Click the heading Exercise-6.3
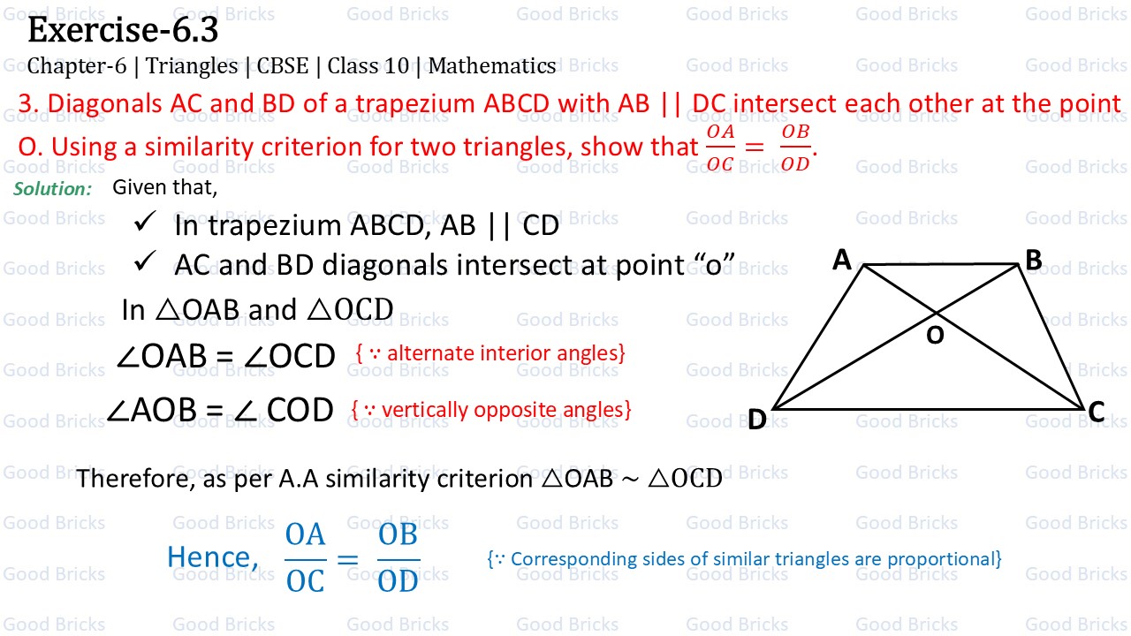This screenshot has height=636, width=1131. click(x=123, y=31)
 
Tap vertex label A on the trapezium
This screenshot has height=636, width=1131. click(x=842, y=260)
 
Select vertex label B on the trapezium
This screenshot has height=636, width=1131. click(x=1033, y=260)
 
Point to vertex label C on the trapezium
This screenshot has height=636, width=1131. click(x=1096, y=413)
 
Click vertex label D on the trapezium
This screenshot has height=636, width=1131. click(x=756, y=420)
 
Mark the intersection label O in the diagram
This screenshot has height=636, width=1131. click(x=935, y=336)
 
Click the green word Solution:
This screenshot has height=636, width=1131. click(x=53, y=189)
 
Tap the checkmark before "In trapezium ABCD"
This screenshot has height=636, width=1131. click(x=144, y=224)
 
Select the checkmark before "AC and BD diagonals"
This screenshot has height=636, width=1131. click(x=144, y=262)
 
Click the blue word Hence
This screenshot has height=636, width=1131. click(x=209, y=557)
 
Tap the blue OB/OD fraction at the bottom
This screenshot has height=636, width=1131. click(x=398, y=558)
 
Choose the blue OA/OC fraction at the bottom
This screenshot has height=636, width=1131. click(x=305, y=558)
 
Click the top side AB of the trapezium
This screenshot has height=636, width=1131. click(x=941, y=264)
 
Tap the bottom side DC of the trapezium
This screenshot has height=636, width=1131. click(x=928, y=409)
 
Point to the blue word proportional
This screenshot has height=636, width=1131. click(x=945, y=559)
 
